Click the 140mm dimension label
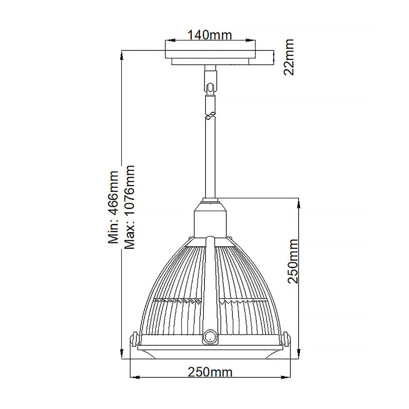point(210,35)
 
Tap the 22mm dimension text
point(289,57)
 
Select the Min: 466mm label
point(113,207)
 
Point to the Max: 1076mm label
point(129,207)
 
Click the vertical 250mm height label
point(293,261)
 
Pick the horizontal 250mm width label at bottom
point(210,372)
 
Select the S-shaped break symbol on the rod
point(210,116)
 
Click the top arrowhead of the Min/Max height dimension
point(121,56)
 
